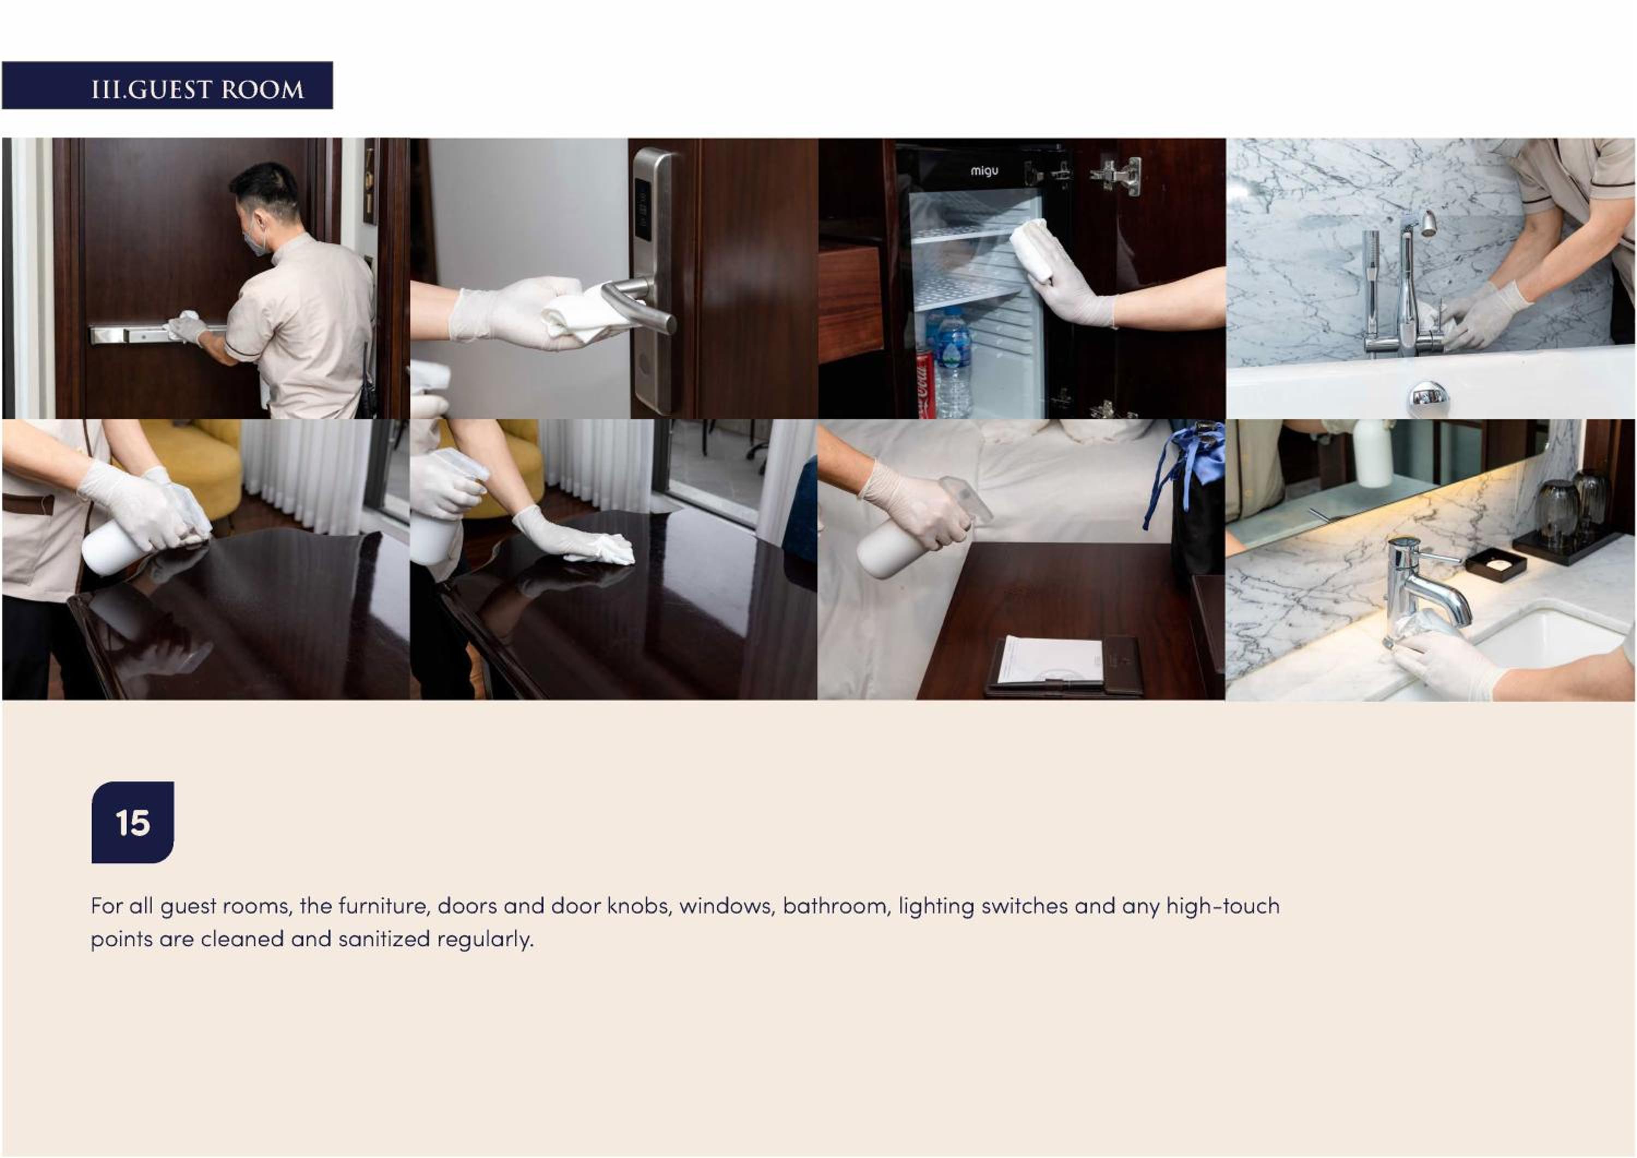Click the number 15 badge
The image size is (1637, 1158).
133,822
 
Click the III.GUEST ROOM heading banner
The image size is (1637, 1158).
167,86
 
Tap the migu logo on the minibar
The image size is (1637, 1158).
984,171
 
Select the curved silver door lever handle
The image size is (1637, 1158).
637,302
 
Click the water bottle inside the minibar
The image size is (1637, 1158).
953,363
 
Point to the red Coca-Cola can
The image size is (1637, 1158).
925,385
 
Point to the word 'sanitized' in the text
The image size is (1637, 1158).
384,939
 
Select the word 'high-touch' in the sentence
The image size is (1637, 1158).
1223,906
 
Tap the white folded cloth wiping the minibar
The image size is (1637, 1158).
1032,249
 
